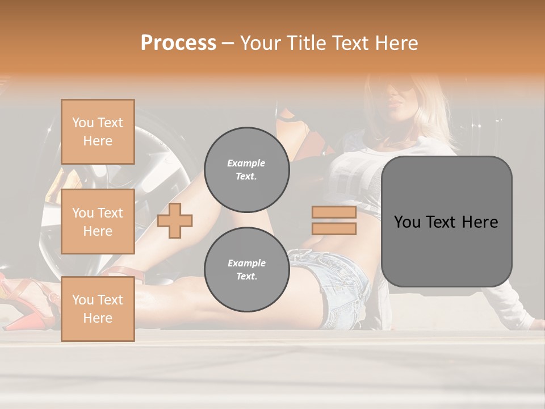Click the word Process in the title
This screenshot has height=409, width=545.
point(178,43)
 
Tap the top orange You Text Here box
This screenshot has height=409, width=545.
point(98,132)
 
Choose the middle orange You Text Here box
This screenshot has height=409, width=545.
point(98,222)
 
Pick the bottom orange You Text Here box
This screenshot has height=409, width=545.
point(98,309)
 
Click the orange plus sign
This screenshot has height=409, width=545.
point(175,220)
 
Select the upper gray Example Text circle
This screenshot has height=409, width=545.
point(246,170)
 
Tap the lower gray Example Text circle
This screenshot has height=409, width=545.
point(246,270)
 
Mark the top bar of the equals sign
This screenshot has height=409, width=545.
point(334,212)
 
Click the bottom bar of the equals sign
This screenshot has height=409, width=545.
point(334,229)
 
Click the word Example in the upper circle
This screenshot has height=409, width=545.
point(246,163)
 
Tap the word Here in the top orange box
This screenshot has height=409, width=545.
point(98,141)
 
